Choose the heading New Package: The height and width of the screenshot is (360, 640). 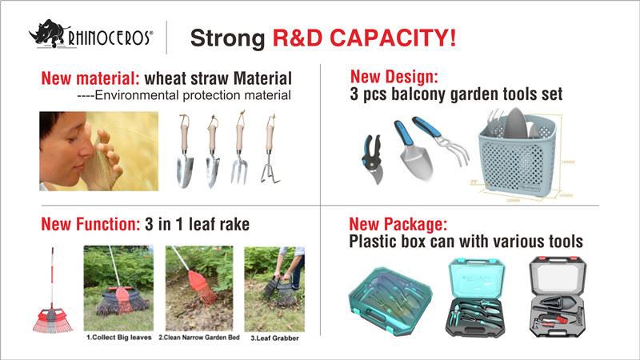point(398,224)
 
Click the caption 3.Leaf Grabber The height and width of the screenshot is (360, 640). point(276,338)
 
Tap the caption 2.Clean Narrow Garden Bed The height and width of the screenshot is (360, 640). point(200,338)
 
